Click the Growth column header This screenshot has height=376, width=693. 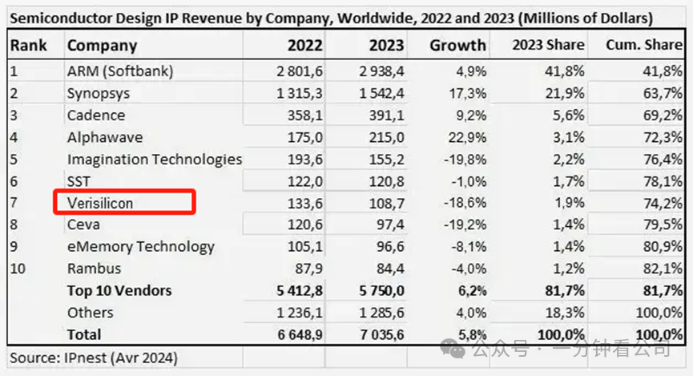click(x=457, y=46)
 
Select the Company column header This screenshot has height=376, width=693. click(x=102, y=46)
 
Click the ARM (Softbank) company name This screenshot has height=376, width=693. click(x=120, y=71)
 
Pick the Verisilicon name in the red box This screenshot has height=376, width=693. click(x=100, y=203)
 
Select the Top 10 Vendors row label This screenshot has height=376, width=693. click(x=119, y=290)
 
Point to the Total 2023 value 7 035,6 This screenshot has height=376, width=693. click(x=377, y=334)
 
